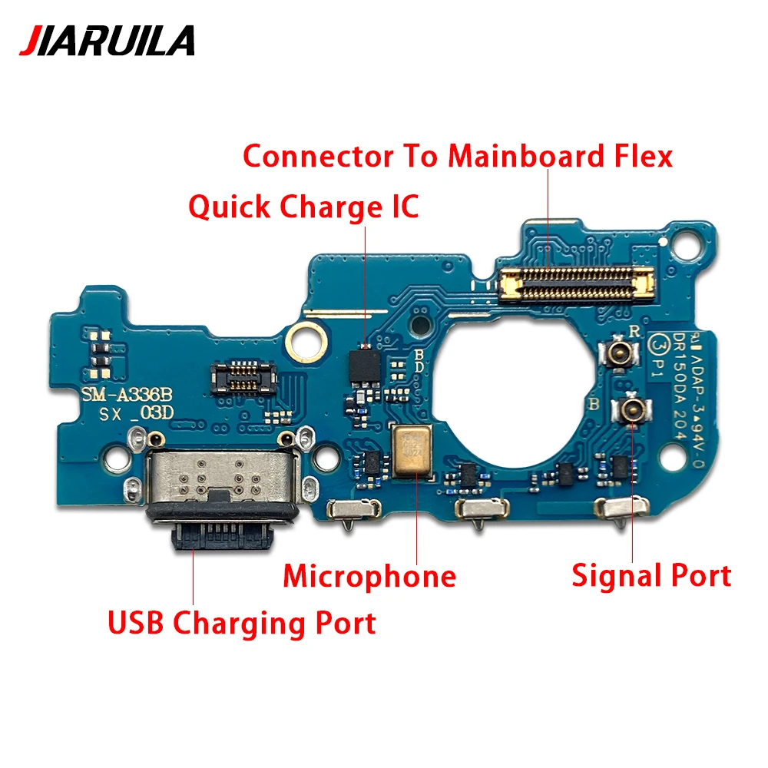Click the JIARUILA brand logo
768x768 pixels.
pos(107,40)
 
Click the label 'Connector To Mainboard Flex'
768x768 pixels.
pos(458,156)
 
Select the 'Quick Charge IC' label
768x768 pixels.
pos(304,207)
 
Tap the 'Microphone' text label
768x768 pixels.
pos(369,575)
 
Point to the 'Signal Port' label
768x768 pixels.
pos(651,574)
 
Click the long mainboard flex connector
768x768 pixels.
pos(577,282)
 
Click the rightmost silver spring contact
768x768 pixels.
pos(622,507)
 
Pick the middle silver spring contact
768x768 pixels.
pos(482,508)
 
